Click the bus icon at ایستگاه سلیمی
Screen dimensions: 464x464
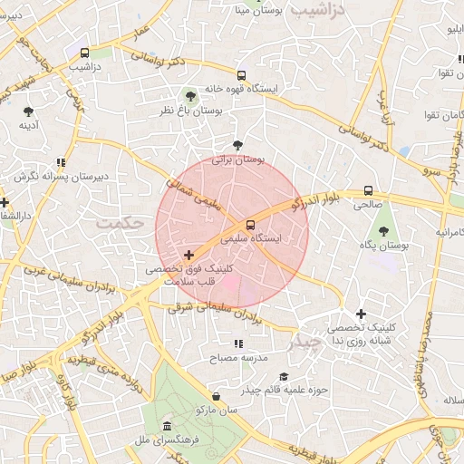(x=250, y=225)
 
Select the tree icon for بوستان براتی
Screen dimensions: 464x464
(x=237, y=144)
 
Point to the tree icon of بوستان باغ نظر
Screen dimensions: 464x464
(x=189, y=95)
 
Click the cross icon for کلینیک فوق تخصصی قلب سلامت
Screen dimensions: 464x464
(x=188, y=256)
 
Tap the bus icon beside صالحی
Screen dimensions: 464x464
(x=368, y=191)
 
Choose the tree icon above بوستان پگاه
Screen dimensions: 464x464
(x=383, y=231)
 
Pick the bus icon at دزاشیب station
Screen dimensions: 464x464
(x=84, y=53)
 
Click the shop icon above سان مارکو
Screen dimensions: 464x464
(x=216, y=396)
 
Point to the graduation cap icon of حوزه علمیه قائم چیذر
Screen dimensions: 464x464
(x=284, y=377)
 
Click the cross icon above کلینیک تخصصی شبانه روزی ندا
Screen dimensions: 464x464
(x=361, y=313)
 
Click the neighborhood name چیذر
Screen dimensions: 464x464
(x=305, y=343)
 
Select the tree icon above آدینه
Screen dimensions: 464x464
(x=28, y=111)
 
